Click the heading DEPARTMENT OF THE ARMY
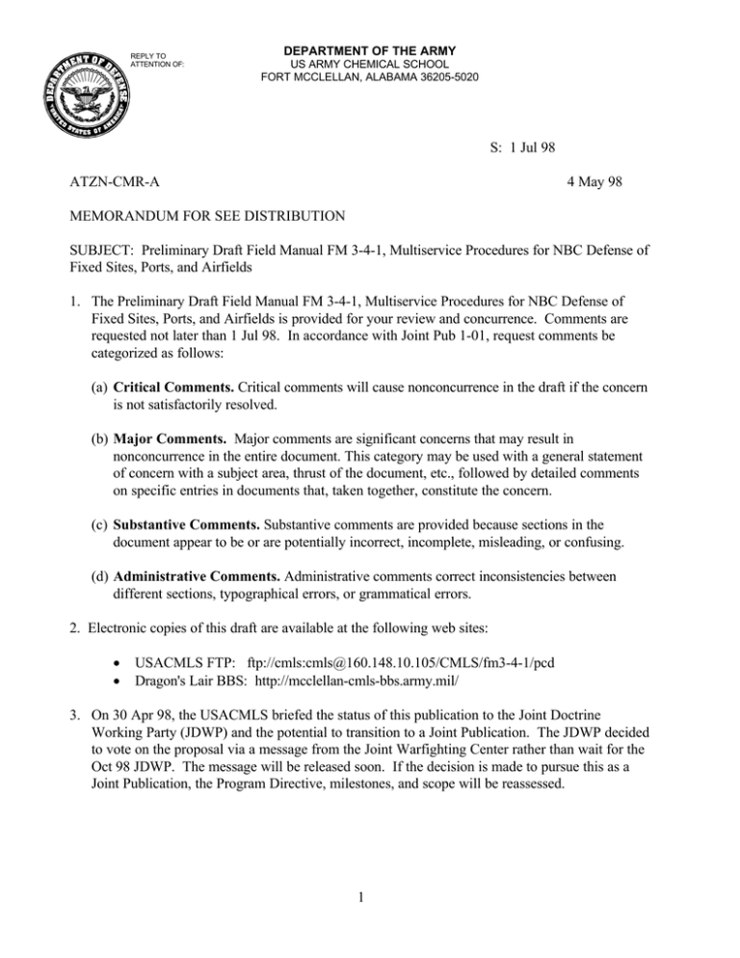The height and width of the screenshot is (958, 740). click(x=370, y=50)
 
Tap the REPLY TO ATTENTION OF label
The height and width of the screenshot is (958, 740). click(x=152, y=61)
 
